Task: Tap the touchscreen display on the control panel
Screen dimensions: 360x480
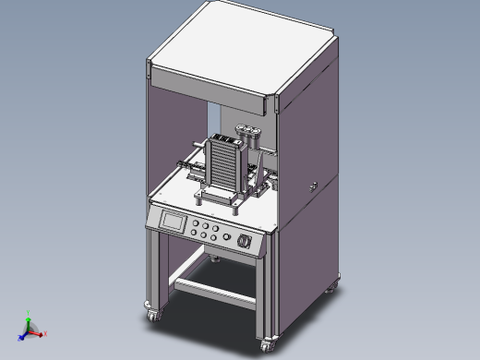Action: click(173, 222)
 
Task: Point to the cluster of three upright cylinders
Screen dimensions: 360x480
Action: click(247, 132)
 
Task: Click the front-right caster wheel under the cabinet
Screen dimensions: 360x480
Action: click(269, 344)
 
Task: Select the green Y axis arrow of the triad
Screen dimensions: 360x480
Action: click(28, 319)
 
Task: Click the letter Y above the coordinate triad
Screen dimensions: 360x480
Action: click(29, 312)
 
